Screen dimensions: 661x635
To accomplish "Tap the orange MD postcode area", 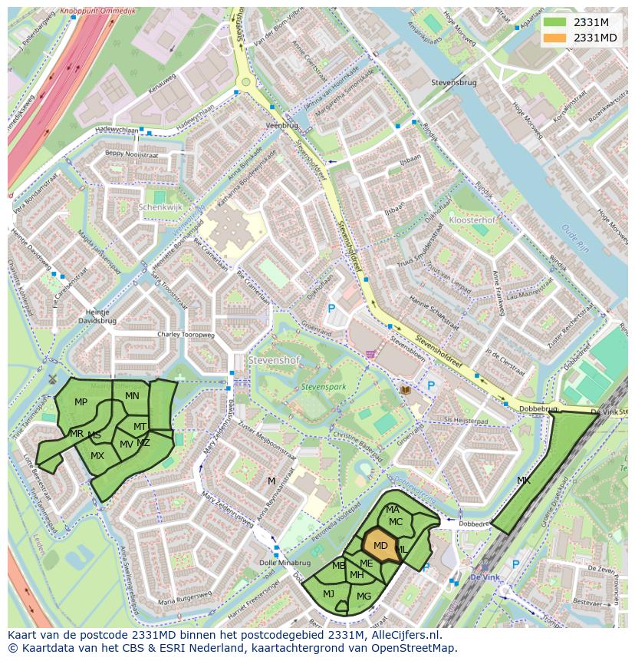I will point(380,546).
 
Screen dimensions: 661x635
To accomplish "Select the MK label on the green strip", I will point(524,481).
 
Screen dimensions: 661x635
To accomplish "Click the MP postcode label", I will point(81,402).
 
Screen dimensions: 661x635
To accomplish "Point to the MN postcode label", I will point(132,396).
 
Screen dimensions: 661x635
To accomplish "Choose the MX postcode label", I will point(97,455).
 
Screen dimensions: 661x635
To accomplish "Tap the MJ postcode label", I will point(328,593).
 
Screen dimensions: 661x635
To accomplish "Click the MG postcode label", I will point(364,597).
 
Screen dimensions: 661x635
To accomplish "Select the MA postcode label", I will point(392,509).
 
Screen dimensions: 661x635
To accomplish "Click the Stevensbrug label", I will point(453,82).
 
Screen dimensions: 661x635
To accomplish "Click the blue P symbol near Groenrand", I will point(331,309).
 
